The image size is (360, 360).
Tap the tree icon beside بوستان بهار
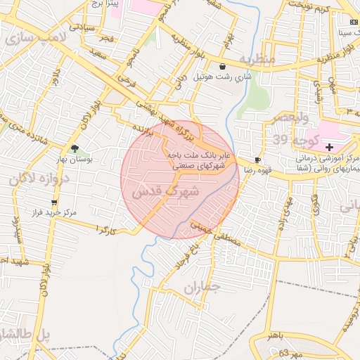[x=75, y=148]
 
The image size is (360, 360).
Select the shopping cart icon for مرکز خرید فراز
[x=54, y=202]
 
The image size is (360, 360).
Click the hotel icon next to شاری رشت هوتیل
[x=223, y=66]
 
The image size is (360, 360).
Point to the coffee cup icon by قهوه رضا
[x=258, y=160]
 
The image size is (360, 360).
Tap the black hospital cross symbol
[x=330, y=146]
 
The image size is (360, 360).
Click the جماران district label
[x=204, y=288]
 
